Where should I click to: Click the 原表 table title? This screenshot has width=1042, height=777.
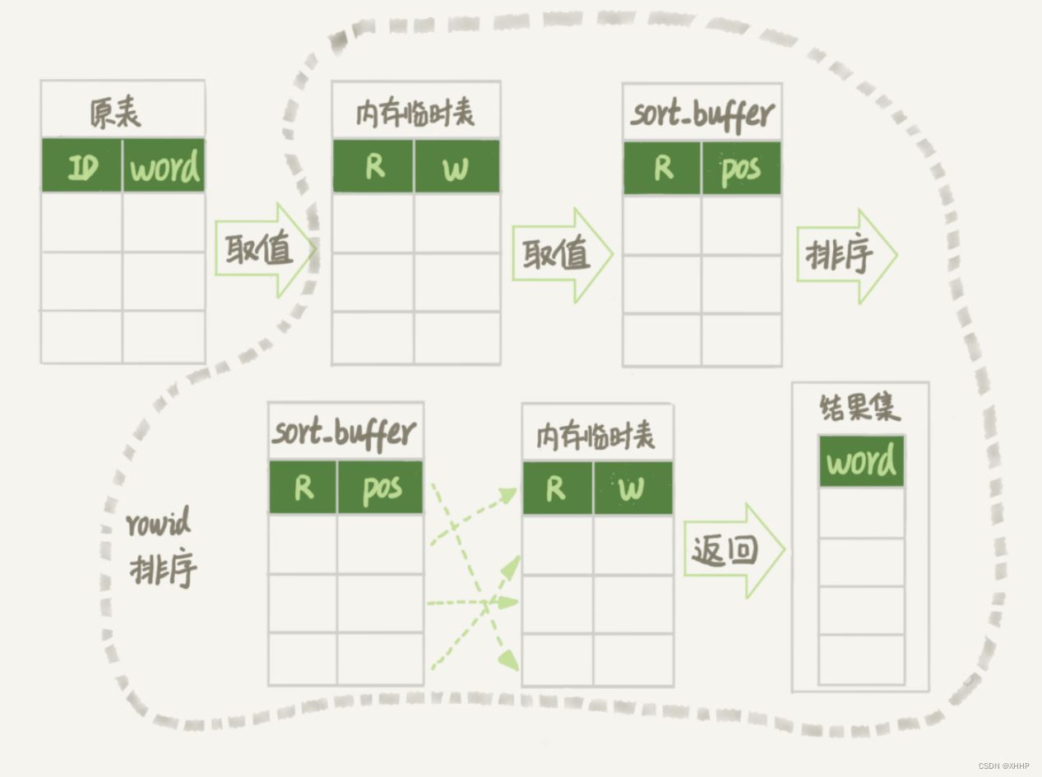(115, 113)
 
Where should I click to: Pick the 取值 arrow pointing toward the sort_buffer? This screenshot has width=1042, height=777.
(563, 255)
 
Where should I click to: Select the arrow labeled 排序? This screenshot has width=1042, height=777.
(847, 257)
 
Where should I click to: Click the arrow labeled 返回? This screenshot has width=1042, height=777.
(734, 551)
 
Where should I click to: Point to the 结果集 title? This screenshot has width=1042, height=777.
(859, 408)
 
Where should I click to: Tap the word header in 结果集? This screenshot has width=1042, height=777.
(861, 461)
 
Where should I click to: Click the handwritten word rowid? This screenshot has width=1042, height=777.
(159, 521)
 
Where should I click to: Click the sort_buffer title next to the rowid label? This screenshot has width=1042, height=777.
(345, 433)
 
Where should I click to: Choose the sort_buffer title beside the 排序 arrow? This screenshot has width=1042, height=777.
(702, 115)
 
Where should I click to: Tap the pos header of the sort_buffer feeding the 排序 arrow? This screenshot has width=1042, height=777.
(741, 168)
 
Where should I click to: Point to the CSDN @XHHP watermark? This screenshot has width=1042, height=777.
(1003, 765)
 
